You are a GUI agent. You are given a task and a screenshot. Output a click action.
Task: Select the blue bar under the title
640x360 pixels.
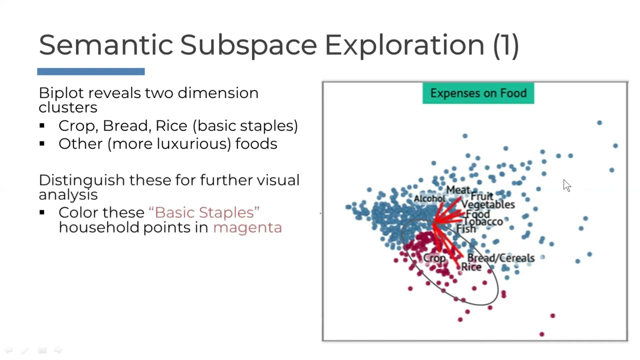click(x=91, y=71)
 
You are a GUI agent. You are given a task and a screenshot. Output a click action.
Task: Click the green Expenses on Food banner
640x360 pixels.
click(x=478, y=93)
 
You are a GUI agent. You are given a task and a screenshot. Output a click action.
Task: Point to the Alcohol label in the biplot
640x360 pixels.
click(x=429, y=198)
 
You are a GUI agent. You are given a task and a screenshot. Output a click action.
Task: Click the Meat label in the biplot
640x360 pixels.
click(x=458, y=190)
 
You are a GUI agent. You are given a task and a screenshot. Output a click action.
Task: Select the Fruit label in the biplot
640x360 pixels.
click(x=482, y=196)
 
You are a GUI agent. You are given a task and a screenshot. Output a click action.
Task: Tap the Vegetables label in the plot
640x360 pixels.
click(x=487, y=204)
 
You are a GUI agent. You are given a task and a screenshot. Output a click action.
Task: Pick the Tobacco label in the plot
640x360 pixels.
click(x=483, y=221)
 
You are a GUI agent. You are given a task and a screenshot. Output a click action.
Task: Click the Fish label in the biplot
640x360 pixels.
click(x=466, y=229)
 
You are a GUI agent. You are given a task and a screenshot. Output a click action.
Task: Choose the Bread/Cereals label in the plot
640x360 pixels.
click(x=500, y=258)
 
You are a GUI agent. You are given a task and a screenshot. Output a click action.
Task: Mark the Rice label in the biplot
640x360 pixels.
click(x=471, y=267)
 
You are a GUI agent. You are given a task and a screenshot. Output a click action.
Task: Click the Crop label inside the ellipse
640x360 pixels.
click(x=434, y=258)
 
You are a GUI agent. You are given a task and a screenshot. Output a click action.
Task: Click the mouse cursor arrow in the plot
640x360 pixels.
click(x=566, y=185)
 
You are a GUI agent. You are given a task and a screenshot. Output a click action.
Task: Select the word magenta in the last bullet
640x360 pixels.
click(x=247, y=227)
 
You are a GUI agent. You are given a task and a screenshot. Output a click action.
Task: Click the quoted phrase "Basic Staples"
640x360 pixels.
click(x=204, y=212)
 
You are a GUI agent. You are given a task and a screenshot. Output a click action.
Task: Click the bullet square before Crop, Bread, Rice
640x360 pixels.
click(x=42, y=126)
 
